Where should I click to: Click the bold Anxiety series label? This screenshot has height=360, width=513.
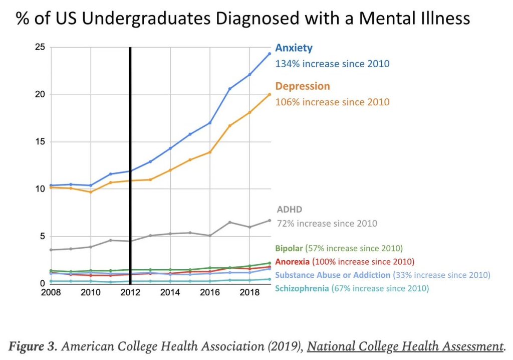294,48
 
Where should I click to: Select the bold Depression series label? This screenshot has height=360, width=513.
303,86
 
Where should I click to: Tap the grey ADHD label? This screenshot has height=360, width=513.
290,210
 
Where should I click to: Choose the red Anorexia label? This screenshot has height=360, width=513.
293,262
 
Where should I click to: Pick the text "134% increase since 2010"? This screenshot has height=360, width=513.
332,64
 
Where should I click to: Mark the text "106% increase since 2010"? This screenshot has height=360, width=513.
332,102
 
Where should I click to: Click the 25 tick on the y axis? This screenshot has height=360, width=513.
40,47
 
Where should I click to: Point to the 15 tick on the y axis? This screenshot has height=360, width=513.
40,142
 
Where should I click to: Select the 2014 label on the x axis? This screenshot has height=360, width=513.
170,292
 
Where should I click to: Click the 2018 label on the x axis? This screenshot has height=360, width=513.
250,292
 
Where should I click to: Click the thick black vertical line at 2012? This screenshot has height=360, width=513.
130,165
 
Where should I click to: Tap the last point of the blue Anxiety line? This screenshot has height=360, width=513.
270,54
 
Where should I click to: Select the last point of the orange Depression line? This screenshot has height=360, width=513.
270,94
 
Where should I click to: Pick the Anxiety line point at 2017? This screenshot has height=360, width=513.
230,89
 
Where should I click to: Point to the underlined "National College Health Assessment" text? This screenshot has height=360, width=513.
405,346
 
